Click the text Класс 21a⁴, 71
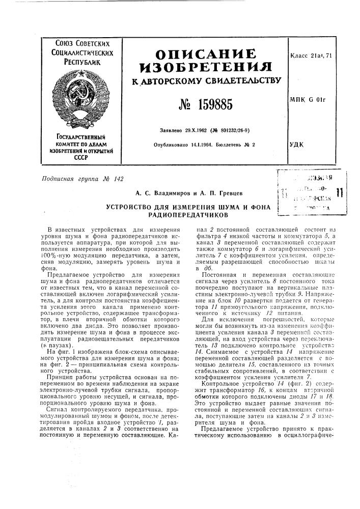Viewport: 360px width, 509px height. pyautogui.click(x=313, y=54)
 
